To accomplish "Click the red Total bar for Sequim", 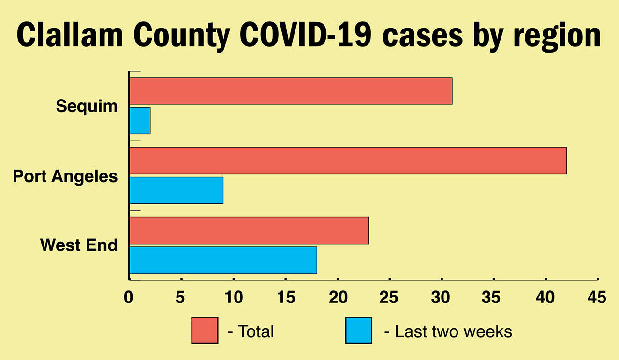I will (291, 91).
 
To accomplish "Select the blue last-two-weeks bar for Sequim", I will (140, 120).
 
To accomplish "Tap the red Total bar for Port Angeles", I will (348, 161).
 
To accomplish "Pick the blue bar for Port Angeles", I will (177, 190).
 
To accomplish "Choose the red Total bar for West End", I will (249, 230).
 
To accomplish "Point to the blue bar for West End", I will (223, 260).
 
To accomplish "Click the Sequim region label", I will (87, 105).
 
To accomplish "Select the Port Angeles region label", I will (65, 176).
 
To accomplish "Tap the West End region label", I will (79, 245).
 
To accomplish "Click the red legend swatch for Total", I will (205, 330).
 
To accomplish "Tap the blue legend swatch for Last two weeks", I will (358, 330).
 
